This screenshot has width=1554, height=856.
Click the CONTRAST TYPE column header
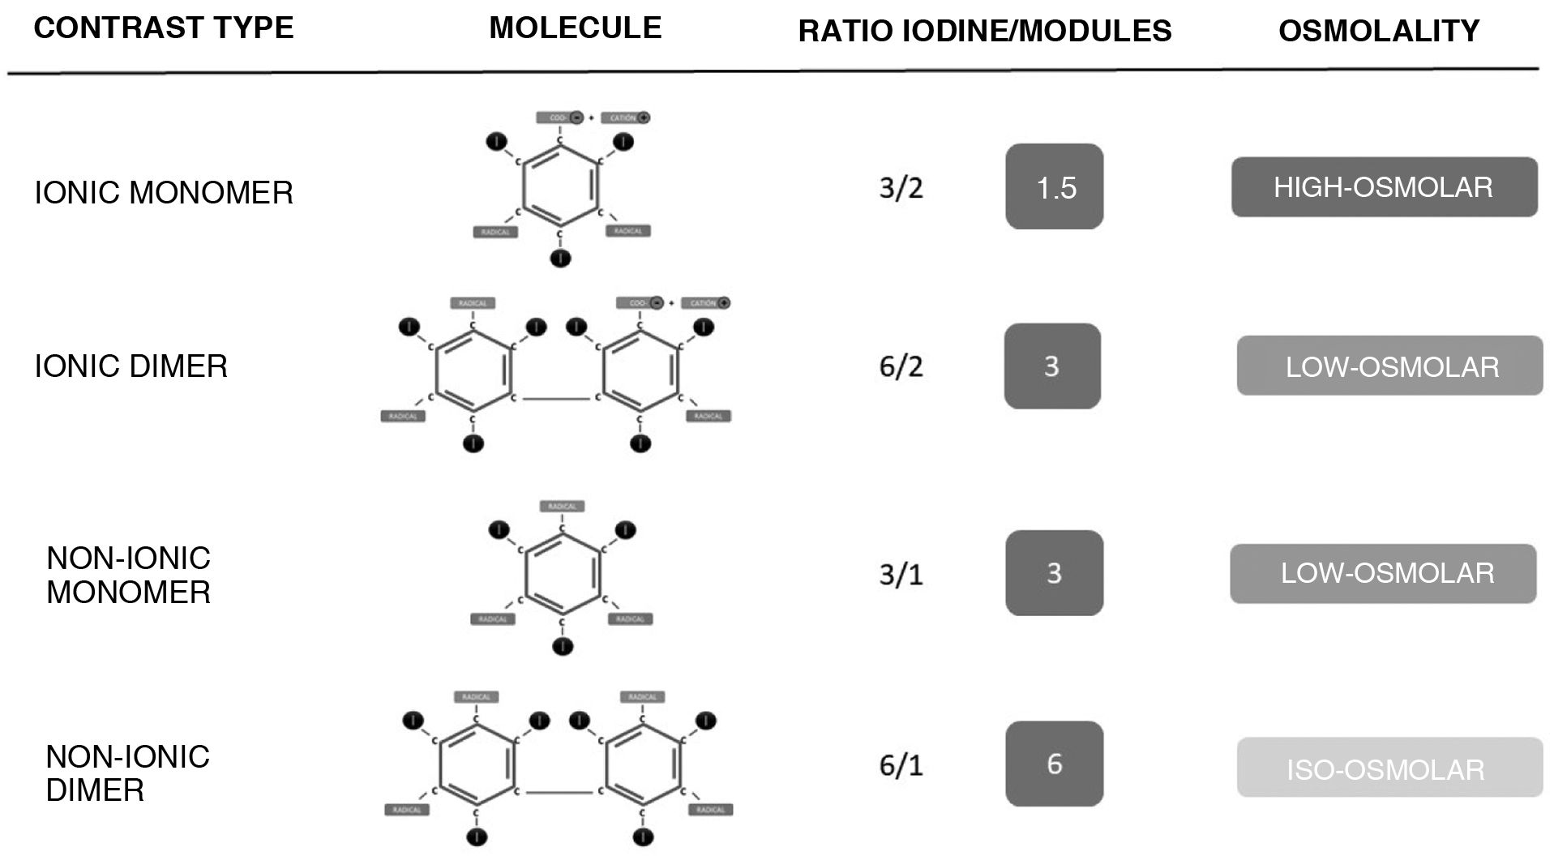pyautogui.click(x=163, y=28)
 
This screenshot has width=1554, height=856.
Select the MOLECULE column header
pyautogui.click(x=575, y=28)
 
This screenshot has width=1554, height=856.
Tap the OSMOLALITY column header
pyautogui.click(x=1378, y=31)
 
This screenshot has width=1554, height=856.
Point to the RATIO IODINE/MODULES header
pyautogui.click(x=984, y=31)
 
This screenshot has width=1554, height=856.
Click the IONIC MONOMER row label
pyautogui.click(x=163, y=193)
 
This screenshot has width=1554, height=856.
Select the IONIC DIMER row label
pyautogui.click(x=131, y=366)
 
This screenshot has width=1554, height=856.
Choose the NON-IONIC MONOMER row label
pyautogui.click(x=128, y=575)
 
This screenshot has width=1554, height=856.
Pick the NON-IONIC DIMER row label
pyautogui.click(x=127, y=773)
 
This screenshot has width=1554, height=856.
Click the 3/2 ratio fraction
pyautogui.click(x=901, y=188)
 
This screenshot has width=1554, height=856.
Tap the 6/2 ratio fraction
pyautogui.click(x=901, y=366)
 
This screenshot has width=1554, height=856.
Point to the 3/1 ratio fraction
pyautogui.click(x=901, y=574)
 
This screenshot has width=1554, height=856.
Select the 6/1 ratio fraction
pyautogui.click(x=901, y=764)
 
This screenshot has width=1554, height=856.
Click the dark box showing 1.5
pyautogui.click(x=1055, y=187)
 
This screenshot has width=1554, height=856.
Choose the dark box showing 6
pyautogui.click(x=1055, y=764)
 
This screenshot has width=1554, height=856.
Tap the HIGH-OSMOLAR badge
pyautogui.click(x=1384, y=187)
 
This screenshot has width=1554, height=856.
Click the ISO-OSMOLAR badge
pyautogui.click(x=1389, y=768)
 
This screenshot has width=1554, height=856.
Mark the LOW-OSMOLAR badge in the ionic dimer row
pyautogui.click(x=1389, y=366)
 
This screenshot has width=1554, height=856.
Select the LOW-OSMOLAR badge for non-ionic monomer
pyautogui.click(x=1383, y=574)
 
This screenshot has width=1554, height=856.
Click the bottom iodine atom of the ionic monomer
pyautogui.click(x=560, y=259)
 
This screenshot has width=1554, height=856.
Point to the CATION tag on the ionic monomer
pyautogui.click(x=625, y=118)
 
